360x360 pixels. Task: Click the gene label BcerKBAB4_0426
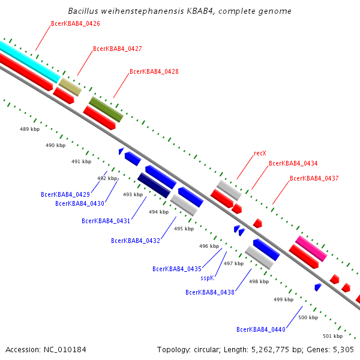point(76,23)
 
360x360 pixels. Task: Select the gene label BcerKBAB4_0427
point(118,49)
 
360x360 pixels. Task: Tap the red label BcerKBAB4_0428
point(154,71)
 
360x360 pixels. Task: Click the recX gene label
point(260,153)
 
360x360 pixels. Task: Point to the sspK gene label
point(208,278)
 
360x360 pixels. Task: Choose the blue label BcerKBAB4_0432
point(136,241)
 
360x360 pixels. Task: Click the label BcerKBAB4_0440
point(261,329)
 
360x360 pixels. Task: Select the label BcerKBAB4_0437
point(314,178)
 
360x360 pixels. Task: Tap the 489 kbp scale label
point(29,129)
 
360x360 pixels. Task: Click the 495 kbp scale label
point(184,229)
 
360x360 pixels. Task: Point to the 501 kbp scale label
point(332,336)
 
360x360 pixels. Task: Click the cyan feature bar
point(30,62)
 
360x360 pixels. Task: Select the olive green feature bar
point(106,110)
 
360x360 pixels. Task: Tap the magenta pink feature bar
point(311,248)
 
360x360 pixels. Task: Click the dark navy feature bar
point(154,185)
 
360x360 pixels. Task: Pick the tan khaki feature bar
point(70,87)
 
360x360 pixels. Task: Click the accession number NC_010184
point(65,350)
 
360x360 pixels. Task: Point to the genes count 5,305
point(343,350)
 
